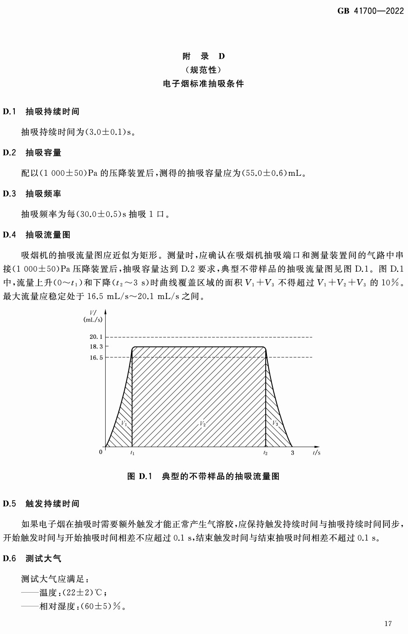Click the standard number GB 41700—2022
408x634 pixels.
[370, 11]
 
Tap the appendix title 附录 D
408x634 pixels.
[204, 56]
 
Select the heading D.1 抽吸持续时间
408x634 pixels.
[41, 112]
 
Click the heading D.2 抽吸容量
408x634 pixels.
[32, 152]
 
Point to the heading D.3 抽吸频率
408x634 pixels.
[32, 193]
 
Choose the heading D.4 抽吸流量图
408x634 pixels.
[36, 235]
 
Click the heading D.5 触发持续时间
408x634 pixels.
[41, 503]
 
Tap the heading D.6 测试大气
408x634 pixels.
[32, 558]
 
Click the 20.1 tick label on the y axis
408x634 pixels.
[96, 337]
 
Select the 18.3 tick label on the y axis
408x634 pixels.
[96, 346]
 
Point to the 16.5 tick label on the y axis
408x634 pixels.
[96, 357]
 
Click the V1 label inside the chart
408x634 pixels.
[124, 423]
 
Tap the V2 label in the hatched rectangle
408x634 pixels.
[203, 423]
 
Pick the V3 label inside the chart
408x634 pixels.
[275, 423]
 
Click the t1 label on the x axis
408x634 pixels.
[132, 453]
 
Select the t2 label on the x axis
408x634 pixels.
[265, 453]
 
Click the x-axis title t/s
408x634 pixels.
[316, 452]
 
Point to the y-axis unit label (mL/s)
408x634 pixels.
[93, 320]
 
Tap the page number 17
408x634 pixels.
[388, 623]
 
